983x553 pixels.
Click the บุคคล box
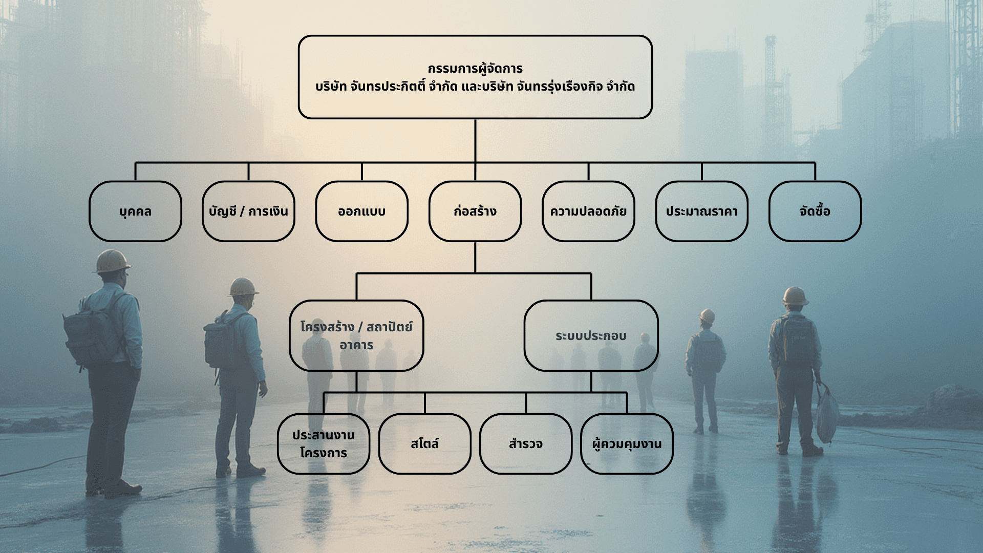135,211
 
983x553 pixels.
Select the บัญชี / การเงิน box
248,211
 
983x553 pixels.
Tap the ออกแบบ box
361,211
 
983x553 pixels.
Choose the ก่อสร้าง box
475,211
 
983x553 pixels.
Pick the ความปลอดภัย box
588,211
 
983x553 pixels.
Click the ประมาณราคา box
701,211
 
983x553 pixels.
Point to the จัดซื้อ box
815,211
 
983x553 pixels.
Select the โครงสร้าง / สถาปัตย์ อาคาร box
356,335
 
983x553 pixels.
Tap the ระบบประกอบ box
591,335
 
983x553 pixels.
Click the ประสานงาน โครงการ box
324,443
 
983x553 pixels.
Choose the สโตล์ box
424,443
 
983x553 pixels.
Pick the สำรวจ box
526,443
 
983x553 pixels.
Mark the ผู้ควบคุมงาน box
627,443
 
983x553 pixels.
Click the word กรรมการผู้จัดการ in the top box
475,69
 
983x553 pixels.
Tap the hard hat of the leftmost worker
112,260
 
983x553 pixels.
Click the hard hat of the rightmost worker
795,295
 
